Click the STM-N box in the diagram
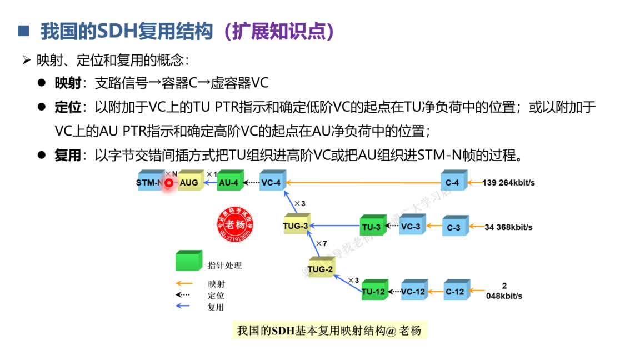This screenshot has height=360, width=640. click(149, 182)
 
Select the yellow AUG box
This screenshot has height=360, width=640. click(189, 182)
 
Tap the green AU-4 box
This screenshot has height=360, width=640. click(228, 182)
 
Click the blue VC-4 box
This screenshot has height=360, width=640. click(271, 182)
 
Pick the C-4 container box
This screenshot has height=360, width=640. click(452, 182)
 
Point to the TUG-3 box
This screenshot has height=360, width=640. click(296, 226)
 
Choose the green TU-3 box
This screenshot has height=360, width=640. click(371, 227)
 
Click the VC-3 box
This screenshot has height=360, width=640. click(411, 227)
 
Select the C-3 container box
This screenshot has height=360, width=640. click(454, 227)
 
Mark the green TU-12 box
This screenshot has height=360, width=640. click(373, 291)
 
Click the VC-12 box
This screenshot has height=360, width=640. click(413, 291)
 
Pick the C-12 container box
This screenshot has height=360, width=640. click(455, 291)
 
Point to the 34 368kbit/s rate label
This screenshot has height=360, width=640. click(508, 227)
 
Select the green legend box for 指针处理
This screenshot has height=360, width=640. click(188, 261)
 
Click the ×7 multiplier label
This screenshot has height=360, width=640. click(322, 243)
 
